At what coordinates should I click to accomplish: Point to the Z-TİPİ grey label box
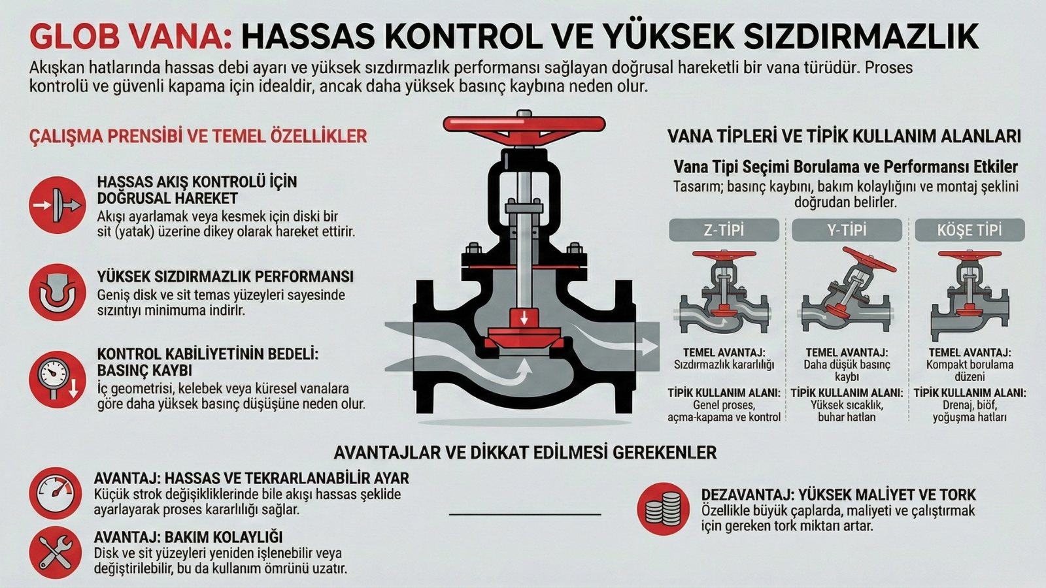724,230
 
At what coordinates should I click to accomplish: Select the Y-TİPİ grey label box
847,230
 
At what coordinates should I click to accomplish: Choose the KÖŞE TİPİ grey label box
970,230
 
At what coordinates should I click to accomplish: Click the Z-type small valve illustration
724,294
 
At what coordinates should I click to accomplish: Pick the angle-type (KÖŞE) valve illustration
969,294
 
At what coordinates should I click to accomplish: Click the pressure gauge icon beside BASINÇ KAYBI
58,380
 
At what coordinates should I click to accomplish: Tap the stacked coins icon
664,509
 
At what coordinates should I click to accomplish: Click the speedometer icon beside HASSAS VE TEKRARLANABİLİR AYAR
56,493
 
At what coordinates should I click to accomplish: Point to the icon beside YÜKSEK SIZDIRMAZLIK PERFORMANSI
58,292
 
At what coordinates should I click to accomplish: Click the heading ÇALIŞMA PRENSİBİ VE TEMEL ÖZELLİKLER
198,136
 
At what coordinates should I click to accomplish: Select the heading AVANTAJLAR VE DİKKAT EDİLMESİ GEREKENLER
525,452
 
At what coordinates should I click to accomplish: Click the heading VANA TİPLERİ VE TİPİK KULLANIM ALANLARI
844,136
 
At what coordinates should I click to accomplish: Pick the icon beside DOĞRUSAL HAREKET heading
58,205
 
